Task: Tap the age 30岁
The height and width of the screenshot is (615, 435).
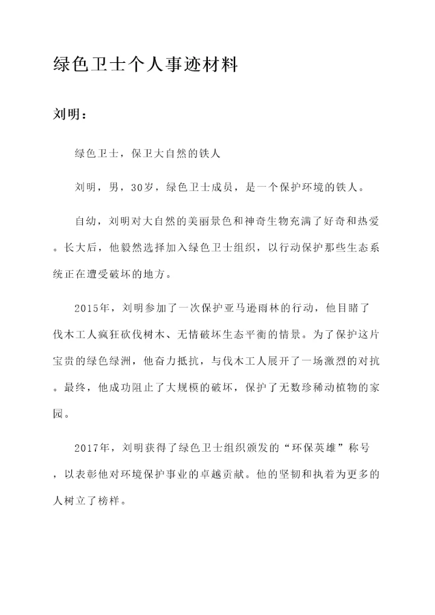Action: (x=144, y=187)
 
